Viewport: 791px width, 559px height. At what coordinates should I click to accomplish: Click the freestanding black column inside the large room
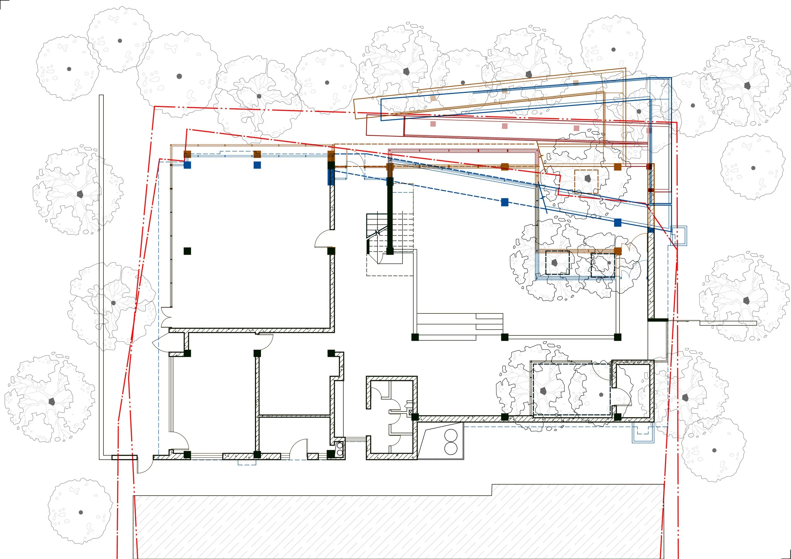click(x=187, y=251)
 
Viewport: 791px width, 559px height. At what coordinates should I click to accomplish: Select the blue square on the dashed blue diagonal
click(x=504, y=202)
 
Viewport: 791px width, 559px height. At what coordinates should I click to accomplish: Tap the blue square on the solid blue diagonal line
click(x=618, y=222)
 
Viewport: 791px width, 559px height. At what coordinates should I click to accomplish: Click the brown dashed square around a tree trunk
click(x=586, y=181)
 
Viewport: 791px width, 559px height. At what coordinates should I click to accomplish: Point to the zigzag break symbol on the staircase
click(x=377, y=233)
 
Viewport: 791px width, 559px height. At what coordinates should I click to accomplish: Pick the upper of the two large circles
click(x=451, y=435)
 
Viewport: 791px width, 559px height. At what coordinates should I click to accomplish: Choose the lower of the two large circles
click(x=451, y=448)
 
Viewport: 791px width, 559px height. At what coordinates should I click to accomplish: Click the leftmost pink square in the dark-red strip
click(x=433, y=124)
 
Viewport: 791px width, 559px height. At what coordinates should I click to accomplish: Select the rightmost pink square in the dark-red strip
click(x=649, y=131)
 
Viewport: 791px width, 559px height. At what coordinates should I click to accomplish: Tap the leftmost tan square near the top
click(x=433, y=98)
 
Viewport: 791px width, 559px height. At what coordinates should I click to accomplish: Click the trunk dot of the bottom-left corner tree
click(x=81, y=512)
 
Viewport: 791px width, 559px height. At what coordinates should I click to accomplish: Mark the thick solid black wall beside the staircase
click(x=390, y=217)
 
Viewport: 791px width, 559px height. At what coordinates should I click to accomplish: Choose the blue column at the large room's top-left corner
click(x=187, y=165)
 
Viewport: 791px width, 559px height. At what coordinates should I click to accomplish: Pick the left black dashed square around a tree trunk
click(x=557, y=263)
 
